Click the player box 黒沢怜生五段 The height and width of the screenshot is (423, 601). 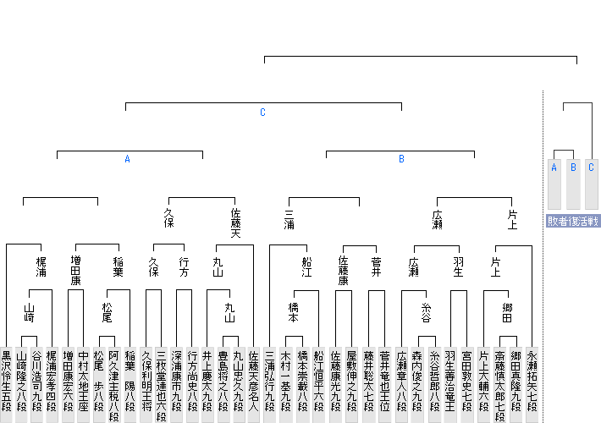click(x=7, y=385)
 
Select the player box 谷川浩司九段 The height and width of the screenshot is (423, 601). click(x=36, y=385)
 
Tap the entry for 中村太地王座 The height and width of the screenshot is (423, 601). click(x=84, y=385)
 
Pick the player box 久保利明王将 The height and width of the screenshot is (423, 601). click(x=146, y=385)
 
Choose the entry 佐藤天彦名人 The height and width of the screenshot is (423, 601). click(x=253, y=385)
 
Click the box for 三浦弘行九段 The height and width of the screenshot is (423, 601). click(x=269, y=385)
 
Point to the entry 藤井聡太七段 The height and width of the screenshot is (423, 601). click(x=369, y=385)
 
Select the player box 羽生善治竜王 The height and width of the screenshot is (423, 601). click(x=450, y=385)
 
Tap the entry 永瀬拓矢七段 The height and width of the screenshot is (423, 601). click(x=532, y=385)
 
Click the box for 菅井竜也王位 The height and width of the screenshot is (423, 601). click(x=385, y=385)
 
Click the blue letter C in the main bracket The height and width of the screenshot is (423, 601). click(x=262, y=113)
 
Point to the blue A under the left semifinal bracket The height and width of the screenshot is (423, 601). click(x=127, y=159)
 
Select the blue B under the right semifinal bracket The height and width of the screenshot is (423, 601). click(x=401, y=159)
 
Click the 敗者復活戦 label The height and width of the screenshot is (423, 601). click(x=572, y=222)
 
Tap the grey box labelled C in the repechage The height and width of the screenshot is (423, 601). click(x=592, y=184)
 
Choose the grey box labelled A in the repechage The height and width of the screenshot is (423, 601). click(x=554, y=184)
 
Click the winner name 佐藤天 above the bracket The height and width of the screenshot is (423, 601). click(x=235, y=223)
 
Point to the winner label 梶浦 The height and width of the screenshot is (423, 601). click(x=41, y=267)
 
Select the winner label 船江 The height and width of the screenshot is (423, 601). click(x=306, y=267)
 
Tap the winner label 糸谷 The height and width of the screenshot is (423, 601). click(x=427, y=313)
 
